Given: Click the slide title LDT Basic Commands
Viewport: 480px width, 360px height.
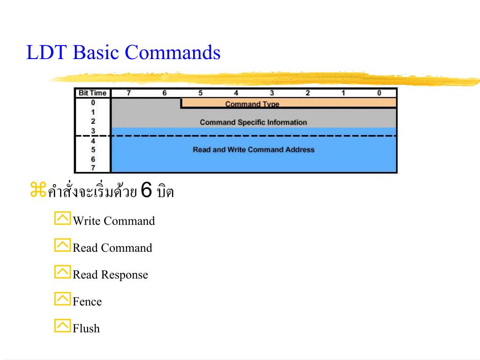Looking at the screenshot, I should coord(123,52).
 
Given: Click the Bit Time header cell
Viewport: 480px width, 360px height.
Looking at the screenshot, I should coord(93,93).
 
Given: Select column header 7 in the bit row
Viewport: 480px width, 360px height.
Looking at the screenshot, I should coord(129,93).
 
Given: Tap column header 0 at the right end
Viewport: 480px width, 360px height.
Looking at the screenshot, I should coord(379,93).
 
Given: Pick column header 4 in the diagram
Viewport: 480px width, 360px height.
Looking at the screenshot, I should coord(236,93).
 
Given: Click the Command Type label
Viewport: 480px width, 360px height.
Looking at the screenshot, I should coord(252,104).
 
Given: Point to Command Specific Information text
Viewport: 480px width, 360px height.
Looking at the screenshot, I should coord(253,122).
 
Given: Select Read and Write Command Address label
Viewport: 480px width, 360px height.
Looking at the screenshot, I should coord(254,150).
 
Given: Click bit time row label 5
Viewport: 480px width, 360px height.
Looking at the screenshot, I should coord(93,150).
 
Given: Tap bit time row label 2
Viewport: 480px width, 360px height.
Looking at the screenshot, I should coord(93,121).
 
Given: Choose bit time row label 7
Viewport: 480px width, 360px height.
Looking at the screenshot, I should coord(93,168).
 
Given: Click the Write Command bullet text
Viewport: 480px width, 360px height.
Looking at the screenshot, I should coord(113,221).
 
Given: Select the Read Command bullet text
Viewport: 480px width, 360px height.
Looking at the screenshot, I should coord(112,248).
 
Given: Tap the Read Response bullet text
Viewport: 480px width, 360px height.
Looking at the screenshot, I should coord(110,275).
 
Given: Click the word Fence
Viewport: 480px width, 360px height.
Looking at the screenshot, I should coord(87,301).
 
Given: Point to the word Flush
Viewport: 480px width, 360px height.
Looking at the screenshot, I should coord(86,328).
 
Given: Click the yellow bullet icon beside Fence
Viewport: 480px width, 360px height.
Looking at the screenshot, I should coord(62,299).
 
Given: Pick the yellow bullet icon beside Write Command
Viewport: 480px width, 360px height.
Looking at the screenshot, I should coord(62,218).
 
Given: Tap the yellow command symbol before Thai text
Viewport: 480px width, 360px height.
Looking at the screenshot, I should coord(38,191).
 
